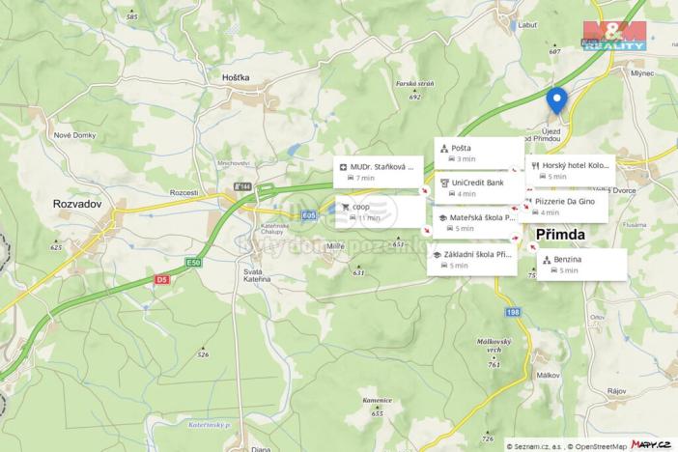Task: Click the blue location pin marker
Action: point(556,99)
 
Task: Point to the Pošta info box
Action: point(479,153)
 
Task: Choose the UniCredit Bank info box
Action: point(479,186)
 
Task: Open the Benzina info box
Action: point(581,265)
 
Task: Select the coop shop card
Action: point(378,212)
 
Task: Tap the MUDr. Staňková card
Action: point(378,172)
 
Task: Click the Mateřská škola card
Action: point(479,222)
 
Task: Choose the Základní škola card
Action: point(473,259)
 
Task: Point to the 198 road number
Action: point(513,313)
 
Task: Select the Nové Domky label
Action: point(72,135)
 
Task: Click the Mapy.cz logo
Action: point(651,443)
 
